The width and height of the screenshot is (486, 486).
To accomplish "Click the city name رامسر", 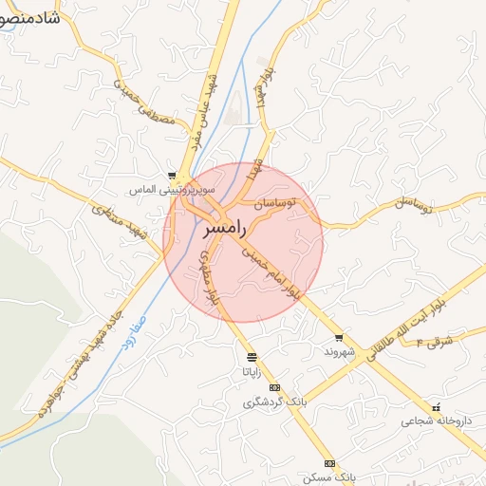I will click(x=225, y=229).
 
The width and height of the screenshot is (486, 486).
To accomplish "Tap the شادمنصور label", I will click(x=28, y=18).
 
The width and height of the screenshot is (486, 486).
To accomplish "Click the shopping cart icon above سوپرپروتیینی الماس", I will click(x=172, y=176).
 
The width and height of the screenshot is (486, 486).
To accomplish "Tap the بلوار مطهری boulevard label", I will click(x=210, y=277).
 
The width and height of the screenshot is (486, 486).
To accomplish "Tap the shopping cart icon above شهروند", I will click(x=339, y=338).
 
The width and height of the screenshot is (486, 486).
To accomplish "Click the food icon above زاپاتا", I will click(x=252, y=358).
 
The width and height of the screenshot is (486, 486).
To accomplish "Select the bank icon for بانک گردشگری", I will click(x=275, y=388).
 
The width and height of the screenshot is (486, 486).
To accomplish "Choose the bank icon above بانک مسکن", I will click(x=329, y=463).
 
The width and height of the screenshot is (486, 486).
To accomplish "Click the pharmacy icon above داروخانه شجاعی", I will click(x=436, y=406).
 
